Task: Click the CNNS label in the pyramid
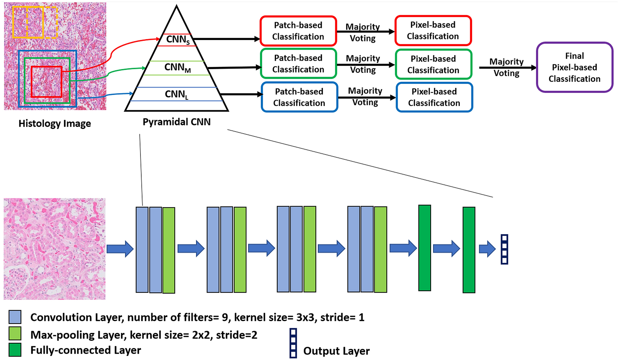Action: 177,40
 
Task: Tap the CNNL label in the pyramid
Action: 176,94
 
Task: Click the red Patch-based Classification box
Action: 298,31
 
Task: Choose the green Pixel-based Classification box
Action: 433,64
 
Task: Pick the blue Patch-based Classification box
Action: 299,97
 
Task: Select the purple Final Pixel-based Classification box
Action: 574,67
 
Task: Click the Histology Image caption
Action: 55,124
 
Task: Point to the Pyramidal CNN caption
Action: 176,122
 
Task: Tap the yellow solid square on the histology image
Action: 28,22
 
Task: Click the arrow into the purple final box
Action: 507,68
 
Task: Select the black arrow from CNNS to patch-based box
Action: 226,39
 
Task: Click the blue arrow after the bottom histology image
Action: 120,249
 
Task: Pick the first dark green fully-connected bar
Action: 425,248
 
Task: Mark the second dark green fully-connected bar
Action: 469,250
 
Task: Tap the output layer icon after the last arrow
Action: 504,249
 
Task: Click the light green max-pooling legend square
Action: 15,333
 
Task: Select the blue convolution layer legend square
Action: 15,317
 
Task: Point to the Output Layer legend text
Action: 336,351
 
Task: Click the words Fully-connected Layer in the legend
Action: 86,350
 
